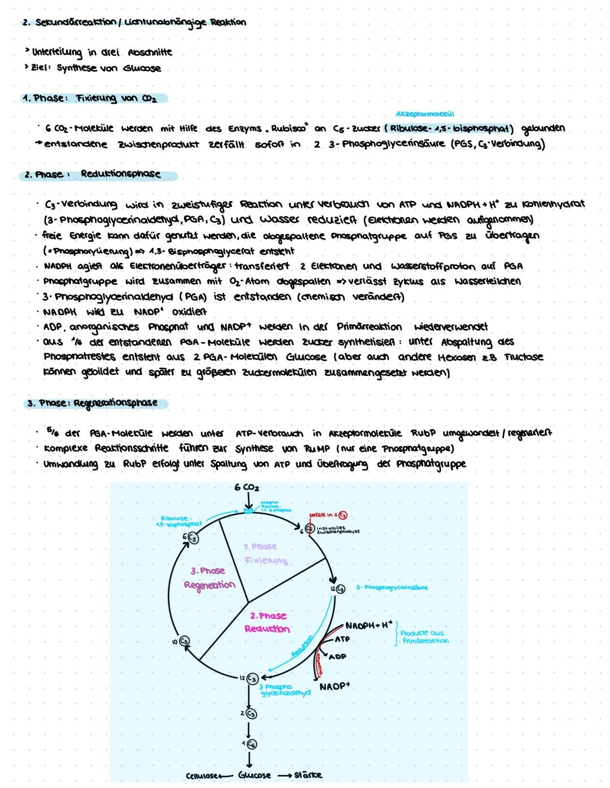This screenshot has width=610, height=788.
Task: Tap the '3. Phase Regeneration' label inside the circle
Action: click(x=209, y=578)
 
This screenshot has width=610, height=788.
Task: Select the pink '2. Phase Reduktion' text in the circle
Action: click(x=268, y=622)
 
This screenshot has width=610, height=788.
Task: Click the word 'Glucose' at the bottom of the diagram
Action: click(x=254, y=774)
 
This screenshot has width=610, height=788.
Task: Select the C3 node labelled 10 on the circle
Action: click(x=184, y=641)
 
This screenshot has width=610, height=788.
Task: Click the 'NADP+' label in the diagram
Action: click(x=334, y=686)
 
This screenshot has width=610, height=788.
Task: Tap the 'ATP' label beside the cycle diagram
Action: click(x=342, y=639)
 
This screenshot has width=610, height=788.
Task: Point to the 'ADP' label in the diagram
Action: click(x=337, y=657)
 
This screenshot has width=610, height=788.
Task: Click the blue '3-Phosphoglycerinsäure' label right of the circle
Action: click(x=391, y=588)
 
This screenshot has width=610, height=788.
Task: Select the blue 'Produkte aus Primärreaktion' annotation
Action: click(x=424, y=637)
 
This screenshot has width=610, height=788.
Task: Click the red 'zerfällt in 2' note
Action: click(x=326, y=515)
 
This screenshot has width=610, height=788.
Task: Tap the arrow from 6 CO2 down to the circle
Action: click(x=247, y=501)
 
